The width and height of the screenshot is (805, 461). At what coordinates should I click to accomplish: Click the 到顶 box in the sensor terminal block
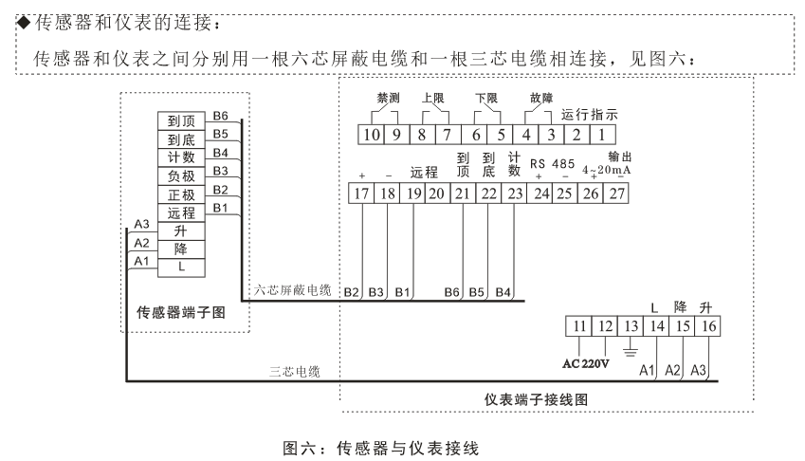tap(181, 121)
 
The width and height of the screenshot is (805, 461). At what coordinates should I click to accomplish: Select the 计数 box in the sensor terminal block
tap(181, 157)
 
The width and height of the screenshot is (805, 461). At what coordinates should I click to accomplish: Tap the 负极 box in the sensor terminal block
tap(181, 176)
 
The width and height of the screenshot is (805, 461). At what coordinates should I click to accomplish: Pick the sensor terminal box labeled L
tap(181, 267)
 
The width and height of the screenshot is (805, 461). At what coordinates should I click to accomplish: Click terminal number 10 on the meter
tap(371, 135)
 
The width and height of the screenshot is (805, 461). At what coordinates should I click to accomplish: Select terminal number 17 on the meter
tap(361, 194)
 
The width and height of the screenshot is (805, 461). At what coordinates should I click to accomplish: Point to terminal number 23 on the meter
tap(515, 194)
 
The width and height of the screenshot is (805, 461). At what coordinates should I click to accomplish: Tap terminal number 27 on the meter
tap(617, 194)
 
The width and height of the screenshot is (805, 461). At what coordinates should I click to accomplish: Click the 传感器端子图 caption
tap(181, 311)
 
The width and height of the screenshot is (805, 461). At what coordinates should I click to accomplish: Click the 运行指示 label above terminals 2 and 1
tap(590, 115)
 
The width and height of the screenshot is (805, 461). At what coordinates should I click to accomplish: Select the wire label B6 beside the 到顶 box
tap(220, 116)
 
